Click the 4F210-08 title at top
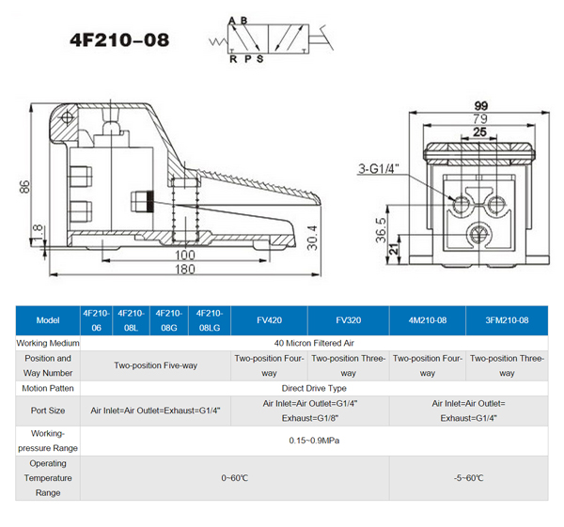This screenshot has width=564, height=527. (120, 41)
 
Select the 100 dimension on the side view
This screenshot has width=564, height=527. (184, 254)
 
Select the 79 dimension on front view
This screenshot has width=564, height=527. (479, 119)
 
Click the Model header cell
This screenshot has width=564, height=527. (47, 320)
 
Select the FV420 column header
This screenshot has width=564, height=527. (269, 320)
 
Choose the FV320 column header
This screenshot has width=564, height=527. (347, 320)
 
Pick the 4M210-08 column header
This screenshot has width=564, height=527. (428, 320)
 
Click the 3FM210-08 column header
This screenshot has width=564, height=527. (507, 320)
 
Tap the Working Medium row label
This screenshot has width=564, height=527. (47, 343)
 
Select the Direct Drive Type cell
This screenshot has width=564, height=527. (314, 387)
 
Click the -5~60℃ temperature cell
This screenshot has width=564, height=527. (467, 478)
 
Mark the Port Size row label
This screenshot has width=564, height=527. (47, 410)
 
